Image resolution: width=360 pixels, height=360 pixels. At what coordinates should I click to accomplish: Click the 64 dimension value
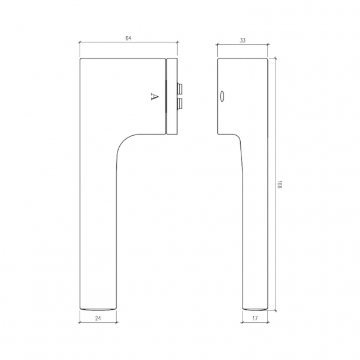[x=128, y=38]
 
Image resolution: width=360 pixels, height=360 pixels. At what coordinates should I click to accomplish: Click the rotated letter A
[x=155, y=96]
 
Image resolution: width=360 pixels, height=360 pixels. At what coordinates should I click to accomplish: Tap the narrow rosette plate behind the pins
[x=172, y=96]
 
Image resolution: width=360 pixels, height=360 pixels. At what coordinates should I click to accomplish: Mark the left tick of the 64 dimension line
[x=80, y=42]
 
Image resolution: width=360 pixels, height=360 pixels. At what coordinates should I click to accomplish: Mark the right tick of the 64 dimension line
[x=177, y=42]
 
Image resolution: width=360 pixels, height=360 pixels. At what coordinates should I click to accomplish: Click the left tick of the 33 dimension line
[x=218, y=45]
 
